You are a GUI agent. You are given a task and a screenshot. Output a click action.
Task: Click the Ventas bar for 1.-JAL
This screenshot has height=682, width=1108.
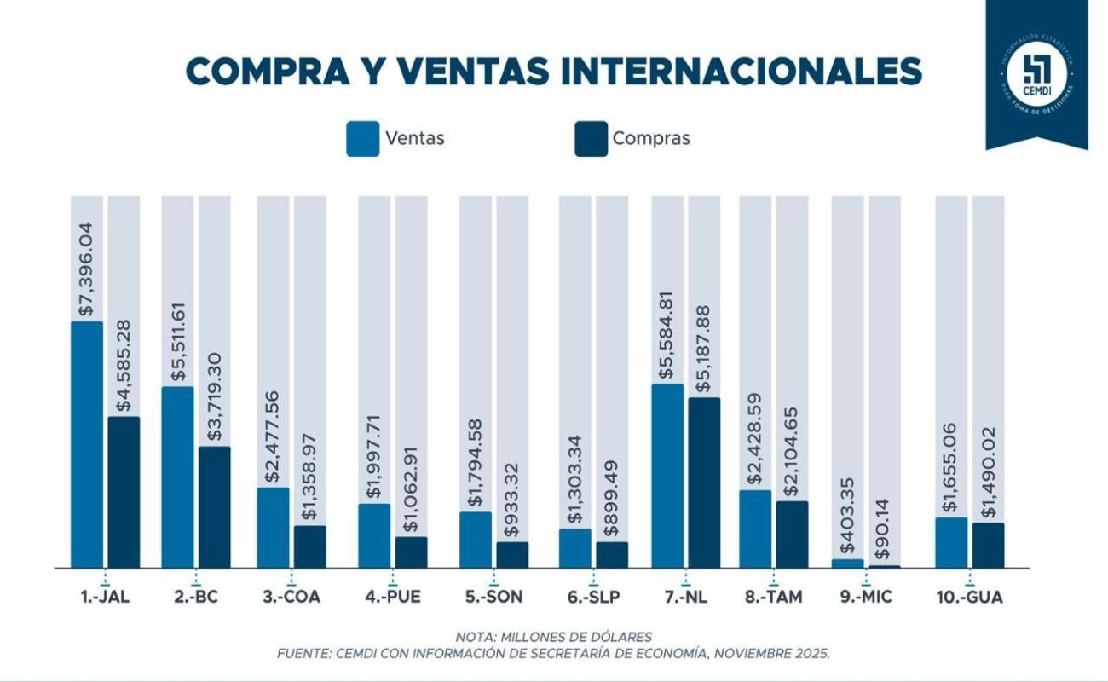86,443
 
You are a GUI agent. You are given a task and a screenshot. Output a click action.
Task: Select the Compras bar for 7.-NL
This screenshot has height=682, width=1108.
704,482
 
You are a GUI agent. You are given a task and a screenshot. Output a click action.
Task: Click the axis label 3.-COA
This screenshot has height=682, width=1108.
291,597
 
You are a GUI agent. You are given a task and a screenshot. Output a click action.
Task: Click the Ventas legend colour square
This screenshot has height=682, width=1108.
362,139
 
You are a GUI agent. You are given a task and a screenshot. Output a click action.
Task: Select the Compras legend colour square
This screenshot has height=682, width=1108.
591,139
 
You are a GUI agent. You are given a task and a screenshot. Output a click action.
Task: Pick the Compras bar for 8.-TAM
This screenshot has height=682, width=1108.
792,534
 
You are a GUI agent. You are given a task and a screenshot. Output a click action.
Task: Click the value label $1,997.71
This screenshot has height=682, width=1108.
373,454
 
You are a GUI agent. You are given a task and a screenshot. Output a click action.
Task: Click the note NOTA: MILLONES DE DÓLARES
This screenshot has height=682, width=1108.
553,637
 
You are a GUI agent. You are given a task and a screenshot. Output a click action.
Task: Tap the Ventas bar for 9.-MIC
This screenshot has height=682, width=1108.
847,563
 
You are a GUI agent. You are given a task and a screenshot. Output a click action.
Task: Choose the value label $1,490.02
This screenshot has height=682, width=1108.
989,474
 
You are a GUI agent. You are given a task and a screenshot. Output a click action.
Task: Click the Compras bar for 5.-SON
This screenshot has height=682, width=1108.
512,554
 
